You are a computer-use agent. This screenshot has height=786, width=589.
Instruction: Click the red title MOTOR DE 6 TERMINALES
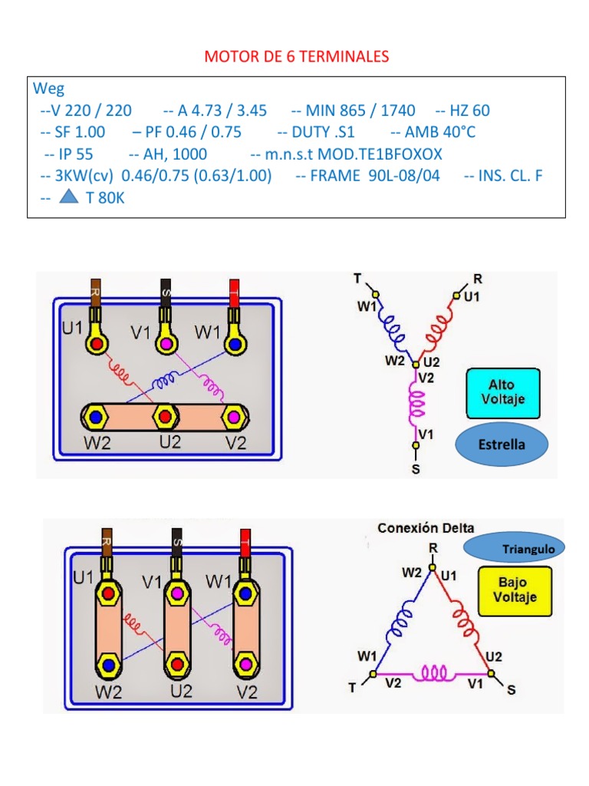[297, 56]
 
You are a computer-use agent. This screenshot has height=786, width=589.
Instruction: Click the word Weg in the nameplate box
[48, 88]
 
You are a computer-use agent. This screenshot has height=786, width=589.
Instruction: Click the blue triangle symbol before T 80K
[68, 196]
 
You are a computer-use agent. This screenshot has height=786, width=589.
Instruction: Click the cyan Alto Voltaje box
[503, 394]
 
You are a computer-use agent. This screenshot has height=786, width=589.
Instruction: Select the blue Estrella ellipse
[502, 444]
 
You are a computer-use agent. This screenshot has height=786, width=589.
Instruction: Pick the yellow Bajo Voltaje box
[515, 591]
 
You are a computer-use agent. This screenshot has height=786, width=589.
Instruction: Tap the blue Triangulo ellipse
[514, 548]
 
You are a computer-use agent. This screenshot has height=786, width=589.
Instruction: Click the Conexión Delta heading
[426, 528]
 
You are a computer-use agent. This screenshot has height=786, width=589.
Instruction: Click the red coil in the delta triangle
[464, 621]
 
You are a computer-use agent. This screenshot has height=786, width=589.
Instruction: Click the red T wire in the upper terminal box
[234, 294]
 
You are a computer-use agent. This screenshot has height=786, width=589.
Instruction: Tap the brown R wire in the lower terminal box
[107, 543]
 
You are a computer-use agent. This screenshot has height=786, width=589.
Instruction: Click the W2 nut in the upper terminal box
[96, 417]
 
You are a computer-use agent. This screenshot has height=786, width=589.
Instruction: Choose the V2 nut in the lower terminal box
[245, 664]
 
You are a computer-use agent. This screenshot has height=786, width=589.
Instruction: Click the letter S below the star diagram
[416, 470]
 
